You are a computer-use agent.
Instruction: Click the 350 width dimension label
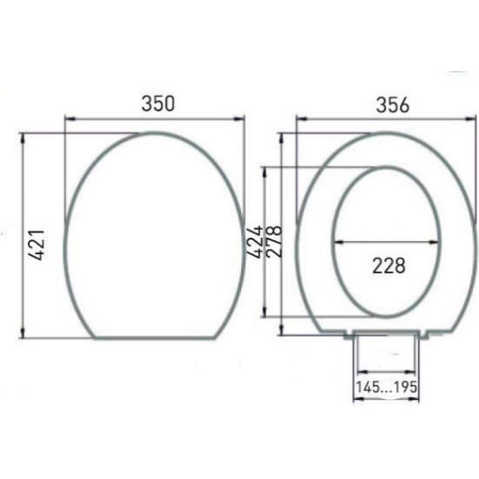(x=158, y=103)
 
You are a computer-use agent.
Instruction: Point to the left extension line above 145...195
(x=354, y=366)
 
